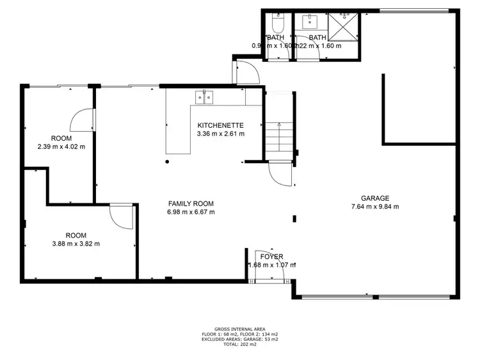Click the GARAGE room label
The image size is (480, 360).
point(374,198)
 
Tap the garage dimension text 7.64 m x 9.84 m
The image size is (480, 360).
point(374,207)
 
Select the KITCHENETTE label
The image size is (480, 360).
point(220,125)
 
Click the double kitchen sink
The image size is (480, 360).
point(205,97)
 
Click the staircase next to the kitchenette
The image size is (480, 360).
point(278,137)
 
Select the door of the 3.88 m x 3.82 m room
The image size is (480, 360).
point(122,217)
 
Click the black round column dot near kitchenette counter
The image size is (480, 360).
point(167,162)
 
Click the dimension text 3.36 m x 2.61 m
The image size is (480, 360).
point(220,134)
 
